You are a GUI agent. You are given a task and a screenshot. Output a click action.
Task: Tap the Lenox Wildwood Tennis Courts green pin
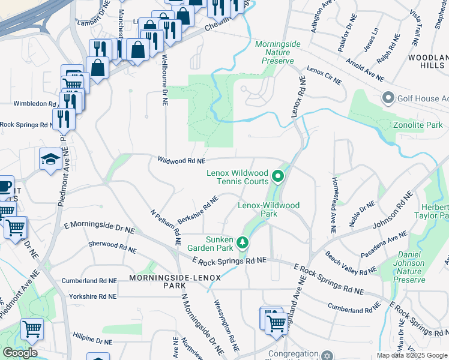coord(277,176)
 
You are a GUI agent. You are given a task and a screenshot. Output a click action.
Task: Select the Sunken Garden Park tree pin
coord(243,242)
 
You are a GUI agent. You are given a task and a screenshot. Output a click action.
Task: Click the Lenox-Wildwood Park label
coord(268,209)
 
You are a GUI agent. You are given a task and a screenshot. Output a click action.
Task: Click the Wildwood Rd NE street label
coord(181,161)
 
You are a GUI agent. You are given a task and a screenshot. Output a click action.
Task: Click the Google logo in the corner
coord(20,353)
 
